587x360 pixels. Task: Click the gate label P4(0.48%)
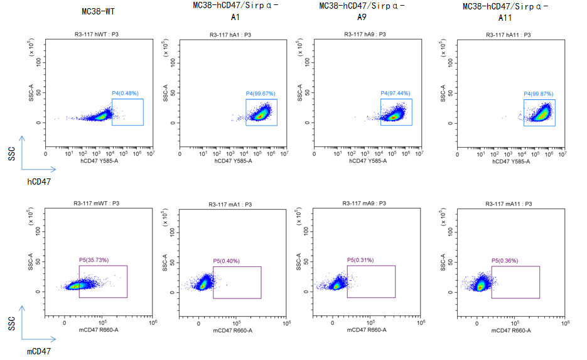[x=124, y=94]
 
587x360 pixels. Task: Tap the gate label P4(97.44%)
[x=394, y=94]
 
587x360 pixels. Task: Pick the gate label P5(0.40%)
[x=226, y=261]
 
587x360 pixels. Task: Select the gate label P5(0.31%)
[x=360, y=260]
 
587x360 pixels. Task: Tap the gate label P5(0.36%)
[x=505, y=261]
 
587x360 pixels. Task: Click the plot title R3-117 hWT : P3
[x=99, y=35]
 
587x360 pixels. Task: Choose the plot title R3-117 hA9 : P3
[x=365, y=35]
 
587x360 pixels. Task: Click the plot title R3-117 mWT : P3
[x=99, y=204]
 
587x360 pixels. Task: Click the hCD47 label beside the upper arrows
[x=38, y=182]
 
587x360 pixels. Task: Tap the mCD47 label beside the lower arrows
[x=38, y=351]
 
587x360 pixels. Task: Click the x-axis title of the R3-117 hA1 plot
[x=232, y=161]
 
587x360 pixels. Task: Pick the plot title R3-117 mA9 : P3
[x=367, y=204]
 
